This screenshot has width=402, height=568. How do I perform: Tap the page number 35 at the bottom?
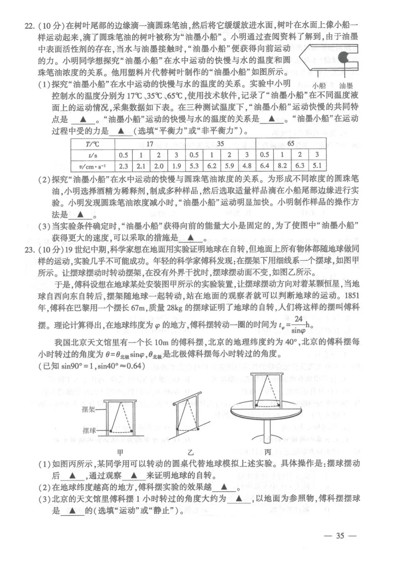(340, 536)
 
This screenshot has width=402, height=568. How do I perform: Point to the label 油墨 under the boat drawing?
(346, 86)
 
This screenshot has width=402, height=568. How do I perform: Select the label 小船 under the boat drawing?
(319, 86)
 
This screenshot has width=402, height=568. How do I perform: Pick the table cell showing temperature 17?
(150, 144)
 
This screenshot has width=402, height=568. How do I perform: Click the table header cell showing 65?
(291, 144)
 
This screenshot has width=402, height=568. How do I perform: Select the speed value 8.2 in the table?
(282, 166)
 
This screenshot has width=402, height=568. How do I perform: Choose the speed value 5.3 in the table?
(194, 166)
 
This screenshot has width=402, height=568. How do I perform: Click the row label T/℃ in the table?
(93, 144)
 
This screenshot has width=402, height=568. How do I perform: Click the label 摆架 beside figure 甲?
(89, 409)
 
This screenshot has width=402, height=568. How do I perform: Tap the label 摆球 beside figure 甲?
(89, 431)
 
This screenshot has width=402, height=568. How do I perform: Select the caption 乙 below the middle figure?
(191, 453)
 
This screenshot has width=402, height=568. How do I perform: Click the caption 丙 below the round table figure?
(268, 452)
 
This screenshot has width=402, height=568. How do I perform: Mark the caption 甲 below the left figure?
(120, 453)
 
